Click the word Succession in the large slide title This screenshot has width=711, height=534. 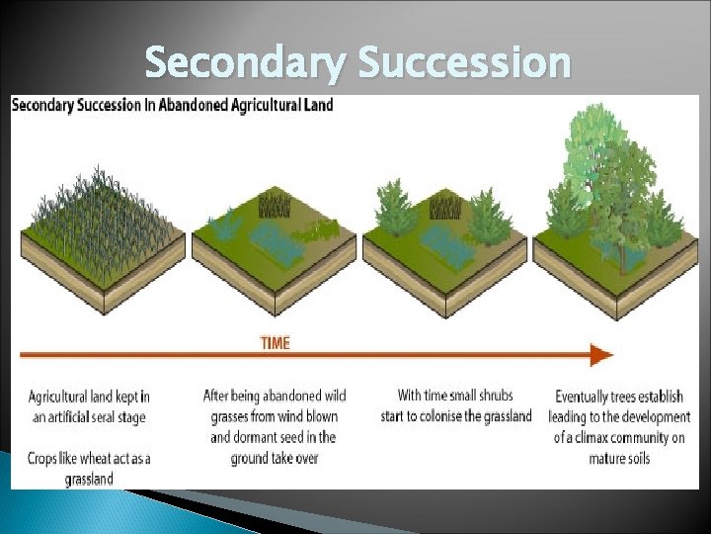point(464,63)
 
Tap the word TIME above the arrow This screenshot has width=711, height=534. point(276,343)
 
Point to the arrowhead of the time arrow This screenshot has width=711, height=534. point(600,355)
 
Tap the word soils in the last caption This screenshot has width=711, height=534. point(637,458)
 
